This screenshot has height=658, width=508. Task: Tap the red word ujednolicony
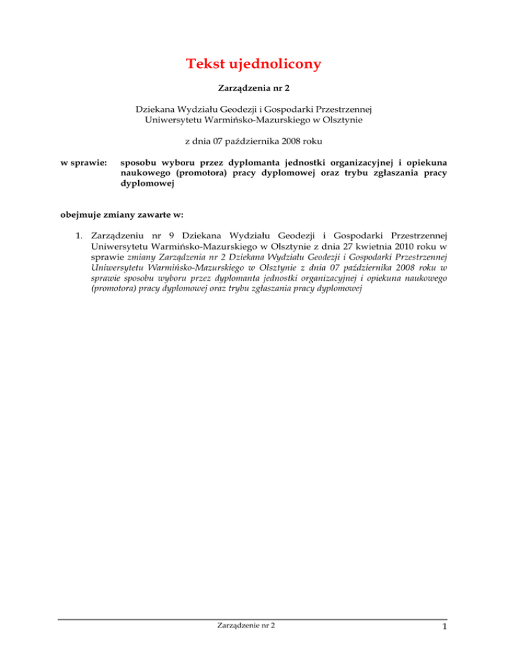click(279, 65)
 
